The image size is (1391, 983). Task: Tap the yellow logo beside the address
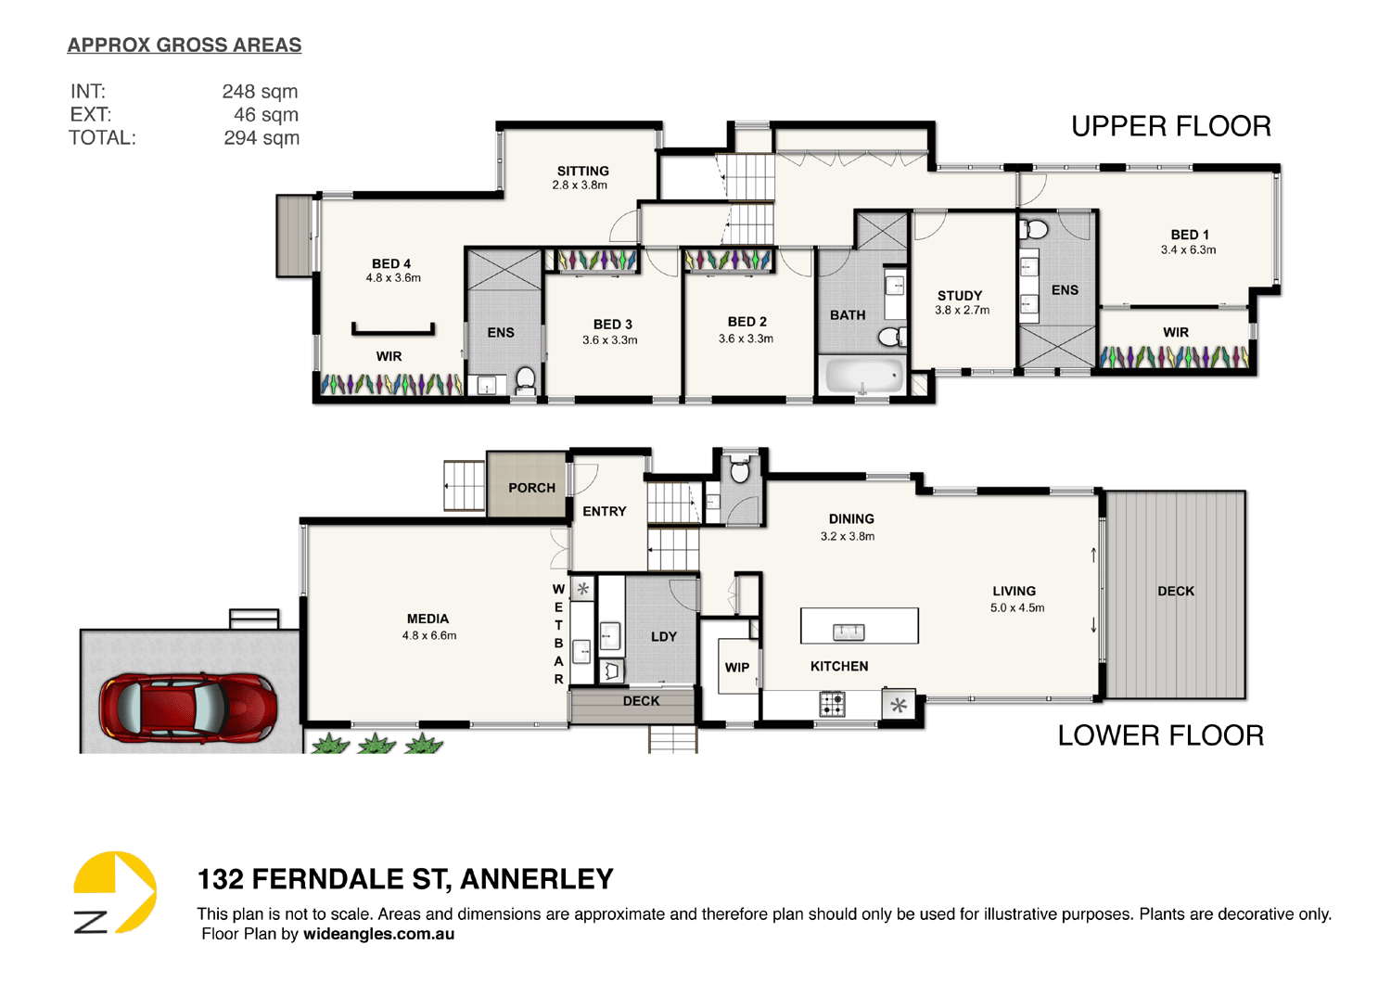[x=115, y=891]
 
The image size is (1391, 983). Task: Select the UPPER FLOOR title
[x=1170, y=126]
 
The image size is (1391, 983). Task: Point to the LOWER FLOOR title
[x=1160, y=735]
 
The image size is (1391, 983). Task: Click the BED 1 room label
[x=1189, y=235]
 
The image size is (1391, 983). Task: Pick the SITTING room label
[x=582, y=171]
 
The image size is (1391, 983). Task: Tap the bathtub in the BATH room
[x=863, y=377]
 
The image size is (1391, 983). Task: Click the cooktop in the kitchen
[x=832, y=704]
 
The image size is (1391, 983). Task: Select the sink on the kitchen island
[x=848, y=632]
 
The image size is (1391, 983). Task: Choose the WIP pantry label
[x=737, y=667]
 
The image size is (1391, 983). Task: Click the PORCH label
[x=531, y=488]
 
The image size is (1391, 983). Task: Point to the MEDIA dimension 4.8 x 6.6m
[x=428, y=636]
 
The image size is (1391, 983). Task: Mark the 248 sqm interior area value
[x=260, y=91]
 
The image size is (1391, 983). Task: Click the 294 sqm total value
[x=261, y=138]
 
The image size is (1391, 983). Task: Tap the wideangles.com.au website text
[x=378, y=934]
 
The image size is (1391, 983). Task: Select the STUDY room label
[x=959, y=296]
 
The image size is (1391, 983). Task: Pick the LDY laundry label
[x=663, y=637]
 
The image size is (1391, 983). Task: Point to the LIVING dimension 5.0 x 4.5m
[x=1016, y=608]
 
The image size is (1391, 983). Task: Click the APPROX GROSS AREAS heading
[x=185, y=45]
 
